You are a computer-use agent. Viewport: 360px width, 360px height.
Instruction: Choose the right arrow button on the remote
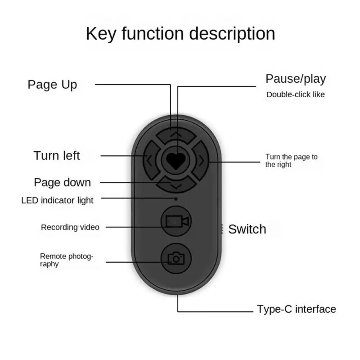click(x=202, y=159)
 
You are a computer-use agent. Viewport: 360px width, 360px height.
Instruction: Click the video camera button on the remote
click(x=176, y=221)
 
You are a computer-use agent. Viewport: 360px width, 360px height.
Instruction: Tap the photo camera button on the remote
click(x=176, y=258)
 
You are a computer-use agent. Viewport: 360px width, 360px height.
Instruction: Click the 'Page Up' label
click(x=52, y=85)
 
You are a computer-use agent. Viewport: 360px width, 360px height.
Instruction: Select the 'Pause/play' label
click(x=295, y=79)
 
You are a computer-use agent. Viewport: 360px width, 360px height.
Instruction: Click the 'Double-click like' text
click(x=295, y=94)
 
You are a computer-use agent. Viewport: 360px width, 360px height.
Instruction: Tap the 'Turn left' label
click(x=57, y=156)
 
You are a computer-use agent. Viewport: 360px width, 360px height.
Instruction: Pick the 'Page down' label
click(x=62, y=182)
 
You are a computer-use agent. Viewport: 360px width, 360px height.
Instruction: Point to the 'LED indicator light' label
click(x=58, y=200)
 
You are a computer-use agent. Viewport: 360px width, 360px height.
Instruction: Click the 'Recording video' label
click(x=70, y=227)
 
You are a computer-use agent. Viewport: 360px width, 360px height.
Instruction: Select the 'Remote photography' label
click(x=67, y=260)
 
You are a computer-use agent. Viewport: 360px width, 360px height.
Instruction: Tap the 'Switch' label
click(x=247, y=229)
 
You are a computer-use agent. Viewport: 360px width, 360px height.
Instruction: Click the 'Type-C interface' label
click(x=296, y=309)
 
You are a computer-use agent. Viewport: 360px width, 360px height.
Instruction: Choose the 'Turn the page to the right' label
click(x=291, y=161)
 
